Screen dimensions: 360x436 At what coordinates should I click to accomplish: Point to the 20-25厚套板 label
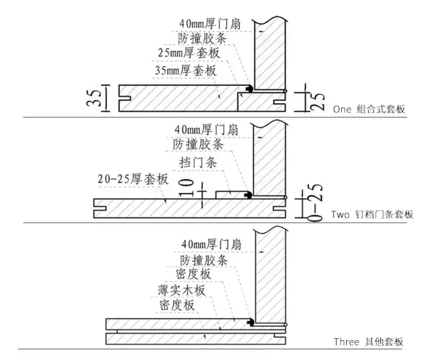point(134,179)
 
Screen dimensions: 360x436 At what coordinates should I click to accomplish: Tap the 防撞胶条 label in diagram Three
point(205,260)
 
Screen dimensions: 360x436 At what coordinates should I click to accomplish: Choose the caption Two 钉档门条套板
point(373,214)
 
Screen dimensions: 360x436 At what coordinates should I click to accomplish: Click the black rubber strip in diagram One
point(251,89)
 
